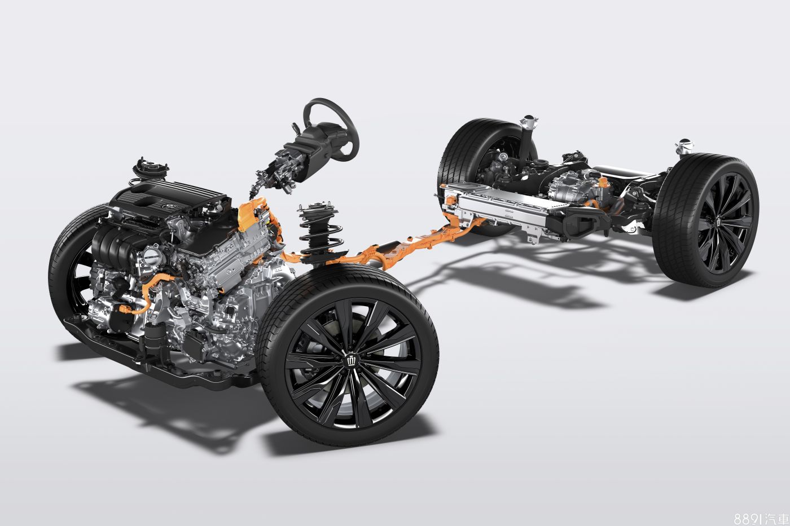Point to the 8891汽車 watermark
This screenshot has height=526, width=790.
pyautogui.click(x=761, y=518)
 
